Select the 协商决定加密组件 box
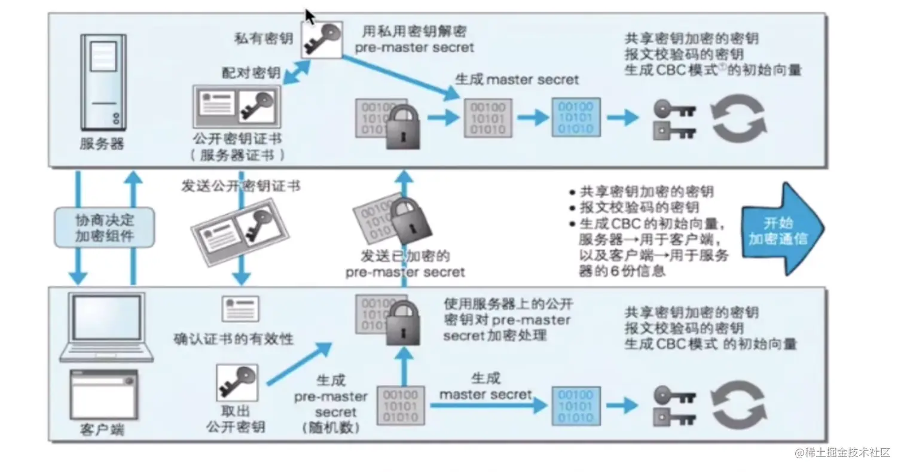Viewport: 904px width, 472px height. pos(105,227)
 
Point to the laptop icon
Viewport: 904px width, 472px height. pos(105,326)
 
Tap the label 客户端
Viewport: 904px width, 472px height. pos(103,430)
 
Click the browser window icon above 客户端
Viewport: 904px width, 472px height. pos(103,393)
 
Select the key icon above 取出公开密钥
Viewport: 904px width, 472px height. pos(237,382)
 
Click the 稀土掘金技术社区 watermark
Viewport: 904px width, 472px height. pos(842,453)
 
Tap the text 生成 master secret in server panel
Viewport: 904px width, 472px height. pos(517,79)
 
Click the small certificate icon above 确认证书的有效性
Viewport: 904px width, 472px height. pos(240,309)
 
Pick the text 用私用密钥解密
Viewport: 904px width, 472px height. pos(414,30)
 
